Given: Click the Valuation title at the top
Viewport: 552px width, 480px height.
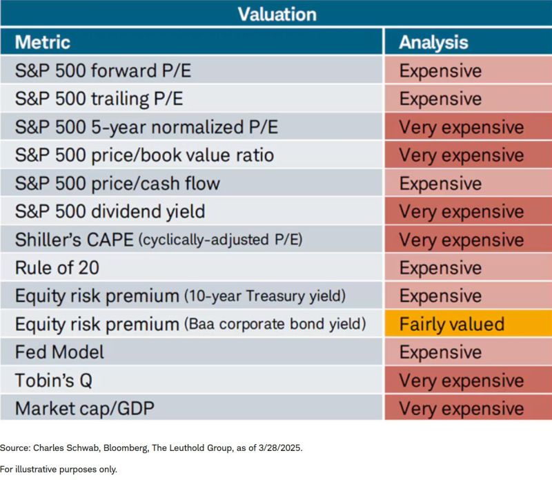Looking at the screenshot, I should (x=276, y=13).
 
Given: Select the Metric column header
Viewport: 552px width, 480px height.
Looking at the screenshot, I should (x=43, y=41).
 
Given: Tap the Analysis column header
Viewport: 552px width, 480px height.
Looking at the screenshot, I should (x=433, y=41).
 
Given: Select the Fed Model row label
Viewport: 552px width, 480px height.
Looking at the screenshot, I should (x=59, y=352).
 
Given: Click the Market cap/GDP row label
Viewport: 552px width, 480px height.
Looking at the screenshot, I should (x=83, y=409).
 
